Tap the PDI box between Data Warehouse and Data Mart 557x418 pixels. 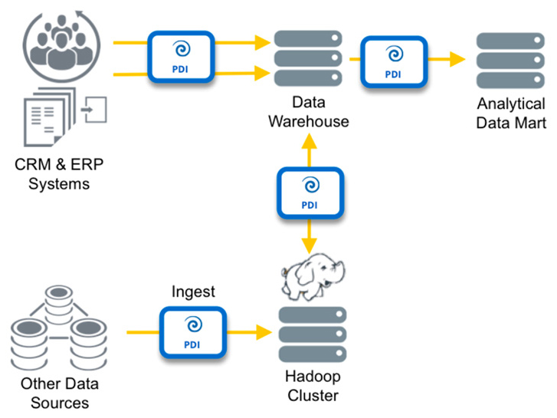coord(393,57)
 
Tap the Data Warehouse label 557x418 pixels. coord(310,112)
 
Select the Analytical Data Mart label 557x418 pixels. coord(511,112)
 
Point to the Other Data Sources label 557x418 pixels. coord(54,393)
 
